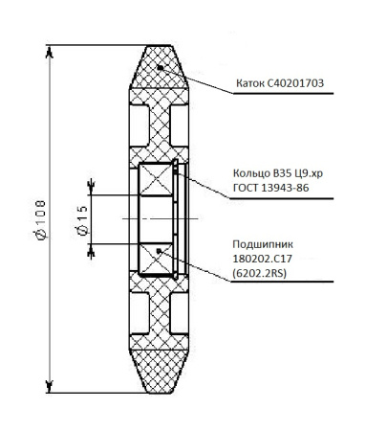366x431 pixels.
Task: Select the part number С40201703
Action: (x=300, y=83)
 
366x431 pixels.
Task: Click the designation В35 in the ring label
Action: (x=278, y=171)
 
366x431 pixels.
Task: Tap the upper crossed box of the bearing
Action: (x=159, y=180)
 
